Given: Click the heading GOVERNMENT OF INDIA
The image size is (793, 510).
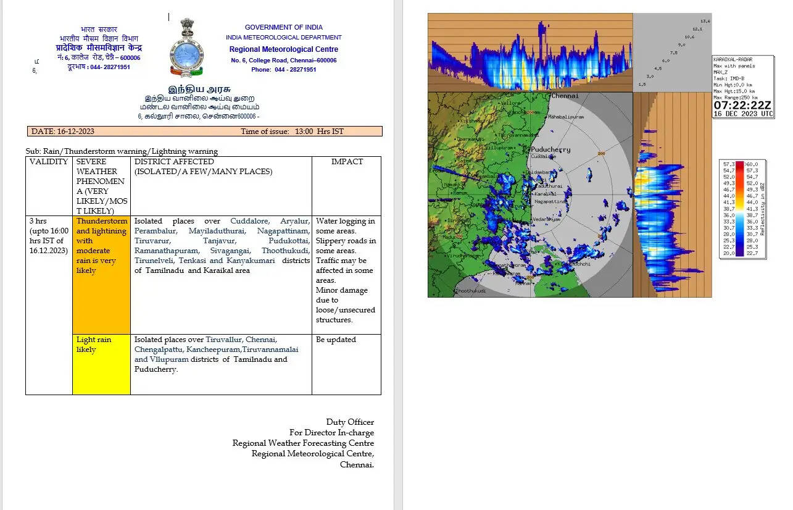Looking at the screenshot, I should [x=283, y=27].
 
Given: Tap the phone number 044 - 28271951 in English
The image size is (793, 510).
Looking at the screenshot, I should [x=296, y=70].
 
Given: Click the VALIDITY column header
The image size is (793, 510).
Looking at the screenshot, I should [x=49, y=162].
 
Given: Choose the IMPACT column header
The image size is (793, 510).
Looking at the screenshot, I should [x=347, y=162].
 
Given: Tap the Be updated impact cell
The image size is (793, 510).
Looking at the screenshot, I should [x=336, y=340].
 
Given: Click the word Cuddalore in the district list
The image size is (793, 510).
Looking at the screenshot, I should [x=251, y=221].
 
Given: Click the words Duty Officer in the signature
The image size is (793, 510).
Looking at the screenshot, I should [x=350, y=422].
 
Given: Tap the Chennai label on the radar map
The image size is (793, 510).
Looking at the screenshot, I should [x=565, y=96].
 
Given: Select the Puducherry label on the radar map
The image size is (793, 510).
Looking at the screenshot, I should [x=550, y=149].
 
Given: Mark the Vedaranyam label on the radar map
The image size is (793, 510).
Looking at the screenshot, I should [x=546, y=219].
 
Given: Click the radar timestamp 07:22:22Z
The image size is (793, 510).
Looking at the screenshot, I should [x=743, y=106].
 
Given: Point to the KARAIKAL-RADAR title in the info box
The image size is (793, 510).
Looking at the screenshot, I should [x=733, y=59].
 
